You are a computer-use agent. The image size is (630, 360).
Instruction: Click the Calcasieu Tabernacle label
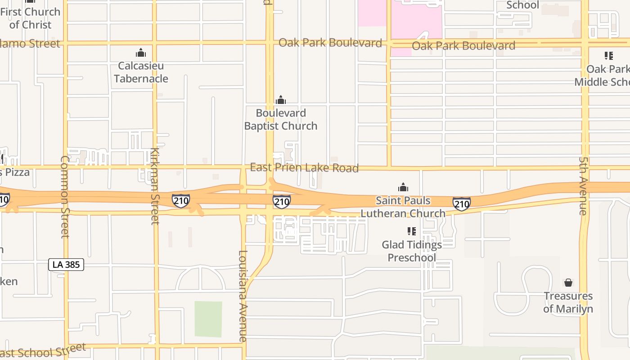point(141,72)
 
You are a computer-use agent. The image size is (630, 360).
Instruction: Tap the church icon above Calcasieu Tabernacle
point(141,53)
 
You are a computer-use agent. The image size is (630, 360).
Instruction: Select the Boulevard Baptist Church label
point(281,119)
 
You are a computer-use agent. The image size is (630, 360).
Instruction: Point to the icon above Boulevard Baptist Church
point(281,100)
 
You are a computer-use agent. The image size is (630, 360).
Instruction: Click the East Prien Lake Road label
point(304,168)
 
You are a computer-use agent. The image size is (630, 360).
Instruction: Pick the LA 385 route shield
point(66,265)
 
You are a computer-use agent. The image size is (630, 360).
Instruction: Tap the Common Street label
point(64,196)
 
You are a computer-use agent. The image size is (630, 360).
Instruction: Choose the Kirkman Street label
point(155,185)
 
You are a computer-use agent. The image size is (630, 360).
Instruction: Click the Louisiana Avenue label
point(243,296)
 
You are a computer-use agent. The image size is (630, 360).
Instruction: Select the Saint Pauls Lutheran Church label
point(403,207)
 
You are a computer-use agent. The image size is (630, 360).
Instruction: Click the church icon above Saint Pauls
point(403,187)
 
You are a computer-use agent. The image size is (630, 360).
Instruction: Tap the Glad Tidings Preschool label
point(412,251)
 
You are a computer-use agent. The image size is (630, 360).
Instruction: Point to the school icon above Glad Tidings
point(411,231)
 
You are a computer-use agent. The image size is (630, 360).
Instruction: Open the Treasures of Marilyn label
point(568,302)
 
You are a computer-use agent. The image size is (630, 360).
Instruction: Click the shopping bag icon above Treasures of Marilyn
point(568,283)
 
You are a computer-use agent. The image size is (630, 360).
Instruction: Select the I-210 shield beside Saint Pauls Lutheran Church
point(462,204)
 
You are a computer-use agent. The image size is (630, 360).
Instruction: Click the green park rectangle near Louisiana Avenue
point(208,319)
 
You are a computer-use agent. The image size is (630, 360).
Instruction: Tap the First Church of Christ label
point(30,18)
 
